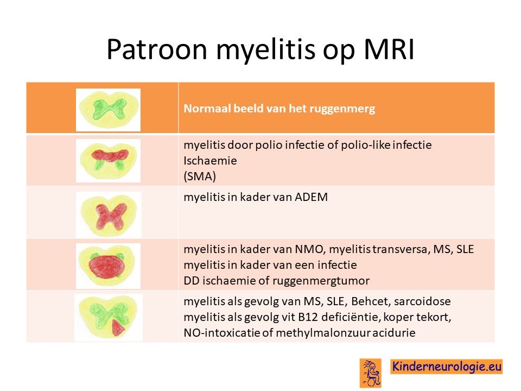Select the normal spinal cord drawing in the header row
click(109, 110)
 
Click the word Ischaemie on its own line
click(211, 161)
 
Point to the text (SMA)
click(200, 176)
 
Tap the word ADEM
click(311, 197)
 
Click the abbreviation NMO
click(309, 249)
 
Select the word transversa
click(402, 249)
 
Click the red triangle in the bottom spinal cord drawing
click(118, 328)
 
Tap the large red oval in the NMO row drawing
click(107, 265)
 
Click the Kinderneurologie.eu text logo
click(447, 367)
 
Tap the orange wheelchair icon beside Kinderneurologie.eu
click(371, 373)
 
